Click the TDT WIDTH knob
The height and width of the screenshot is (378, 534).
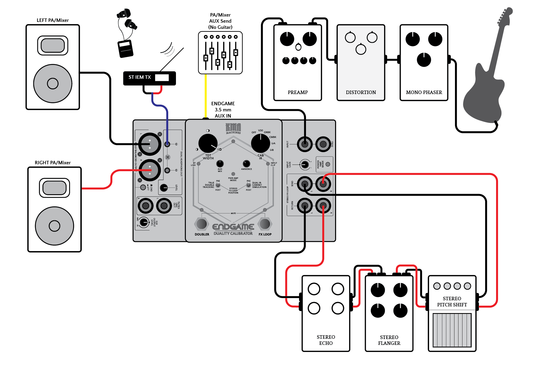[x=208, y=143]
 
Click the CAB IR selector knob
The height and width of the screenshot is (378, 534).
[x=260, y=143]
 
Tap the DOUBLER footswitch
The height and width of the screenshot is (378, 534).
[x=202, y=224]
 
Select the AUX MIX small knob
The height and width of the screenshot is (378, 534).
[x=220, y=163]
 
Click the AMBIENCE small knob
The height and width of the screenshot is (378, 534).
[x=246, y=163]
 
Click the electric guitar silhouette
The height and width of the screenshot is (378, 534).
[x=486, y=80]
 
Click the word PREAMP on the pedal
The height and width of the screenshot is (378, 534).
[x=298, y=92]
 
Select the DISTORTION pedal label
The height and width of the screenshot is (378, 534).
[x=361, y=92]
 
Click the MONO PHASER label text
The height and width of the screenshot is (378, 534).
[x=424, y=92]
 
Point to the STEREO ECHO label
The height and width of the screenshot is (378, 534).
[x=326, y=340]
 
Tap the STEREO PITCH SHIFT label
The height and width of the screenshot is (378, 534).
[x=452, y=302]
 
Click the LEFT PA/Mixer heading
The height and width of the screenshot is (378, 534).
[x=53, y=20]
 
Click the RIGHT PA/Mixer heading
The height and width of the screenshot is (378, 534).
[x=53, y=163]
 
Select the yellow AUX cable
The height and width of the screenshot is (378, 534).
[x=205, y=96]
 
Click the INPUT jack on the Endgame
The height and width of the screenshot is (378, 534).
[x=305, y=144]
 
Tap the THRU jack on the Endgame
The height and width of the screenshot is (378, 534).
[x=323, y=144]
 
